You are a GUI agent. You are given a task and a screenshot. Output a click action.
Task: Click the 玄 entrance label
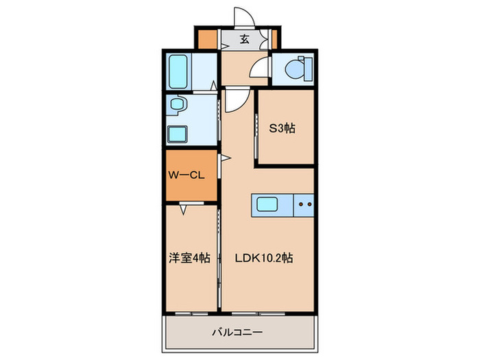[244, 39]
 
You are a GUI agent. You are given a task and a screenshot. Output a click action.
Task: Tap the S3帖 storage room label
[282, 128]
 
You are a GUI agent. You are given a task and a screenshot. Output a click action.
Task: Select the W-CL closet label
[187, 176]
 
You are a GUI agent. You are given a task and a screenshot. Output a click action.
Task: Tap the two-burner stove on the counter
[305, 204]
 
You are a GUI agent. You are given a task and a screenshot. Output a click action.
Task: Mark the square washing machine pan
[177, 132]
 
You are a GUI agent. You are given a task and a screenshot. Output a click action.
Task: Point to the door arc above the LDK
[234, 101]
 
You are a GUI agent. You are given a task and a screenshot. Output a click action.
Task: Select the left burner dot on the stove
[300, 204]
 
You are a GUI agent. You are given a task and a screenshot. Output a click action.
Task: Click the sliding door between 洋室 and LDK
[219, 254]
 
